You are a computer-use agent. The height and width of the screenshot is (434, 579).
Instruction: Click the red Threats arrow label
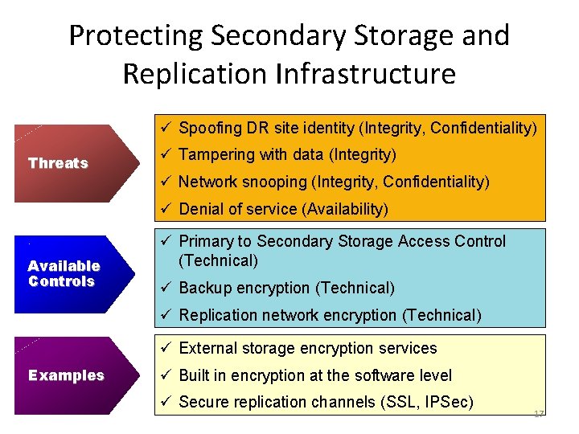pyautogui.click(x=58, y=163)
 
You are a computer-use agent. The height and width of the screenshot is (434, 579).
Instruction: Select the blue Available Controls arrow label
pyautogui.click(x=64, y=273)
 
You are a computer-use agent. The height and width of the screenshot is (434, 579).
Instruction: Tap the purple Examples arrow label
pyautogui.click(x=66, y=375)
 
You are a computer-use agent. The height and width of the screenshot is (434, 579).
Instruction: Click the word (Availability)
pyautogui.click(x=345, y=209)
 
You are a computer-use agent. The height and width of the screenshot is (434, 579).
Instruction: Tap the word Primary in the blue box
pyautogui.click(x=206, y=241)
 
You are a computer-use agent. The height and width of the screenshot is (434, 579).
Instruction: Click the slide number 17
pyautogui.click(x=538, y=413)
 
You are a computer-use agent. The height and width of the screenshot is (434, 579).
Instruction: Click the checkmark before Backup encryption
pyautogui.click(x=164, y=288)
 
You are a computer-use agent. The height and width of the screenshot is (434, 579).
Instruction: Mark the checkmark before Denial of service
pyautogui.click(x=164, y=209)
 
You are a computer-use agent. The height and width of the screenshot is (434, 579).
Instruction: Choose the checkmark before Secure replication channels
pyautogui.click(x=164, y=402)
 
